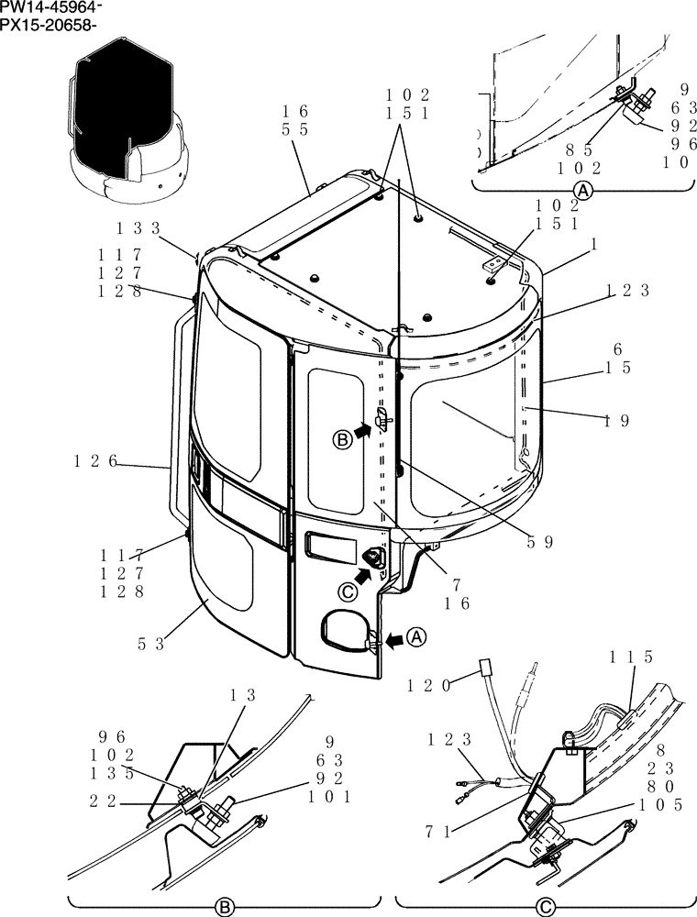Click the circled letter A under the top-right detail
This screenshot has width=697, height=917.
click(x=581, y=191)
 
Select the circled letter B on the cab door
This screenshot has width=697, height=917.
click(x=342, y=440)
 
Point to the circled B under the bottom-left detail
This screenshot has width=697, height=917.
click(x=221, y=908)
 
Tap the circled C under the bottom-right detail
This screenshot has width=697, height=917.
click(x=546, y=908)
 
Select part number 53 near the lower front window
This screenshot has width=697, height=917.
click(x=150, y=644)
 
